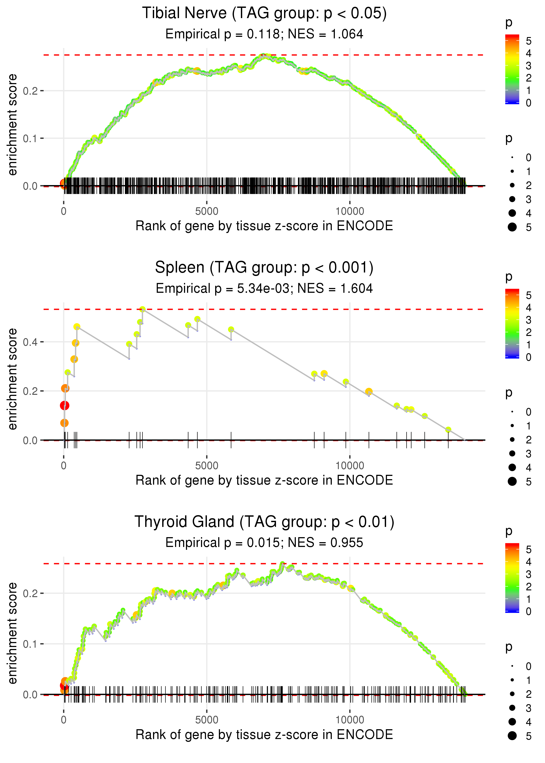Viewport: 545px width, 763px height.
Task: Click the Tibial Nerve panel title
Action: coord(264,14)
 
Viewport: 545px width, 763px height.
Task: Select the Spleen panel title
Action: coord(264,268)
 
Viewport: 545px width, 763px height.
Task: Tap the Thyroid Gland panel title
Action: coord(264,522)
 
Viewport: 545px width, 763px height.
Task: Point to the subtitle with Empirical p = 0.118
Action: coord(264,34)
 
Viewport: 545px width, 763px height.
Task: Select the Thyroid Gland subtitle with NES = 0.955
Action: coord(264,543)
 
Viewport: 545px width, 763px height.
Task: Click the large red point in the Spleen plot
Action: coord(65,406)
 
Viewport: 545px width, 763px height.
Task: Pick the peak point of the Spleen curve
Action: coord(143,309)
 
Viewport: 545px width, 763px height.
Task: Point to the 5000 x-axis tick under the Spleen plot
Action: coord(207,466)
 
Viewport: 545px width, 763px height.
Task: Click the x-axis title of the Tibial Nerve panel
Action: coord(264,226)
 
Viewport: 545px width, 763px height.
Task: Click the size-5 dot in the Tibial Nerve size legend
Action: coord(512,227)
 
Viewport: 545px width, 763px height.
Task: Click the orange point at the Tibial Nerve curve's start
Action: coord(64,183)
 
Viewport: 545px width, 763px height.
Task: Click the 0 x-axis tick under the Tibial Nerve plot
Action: coord(64,211)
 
